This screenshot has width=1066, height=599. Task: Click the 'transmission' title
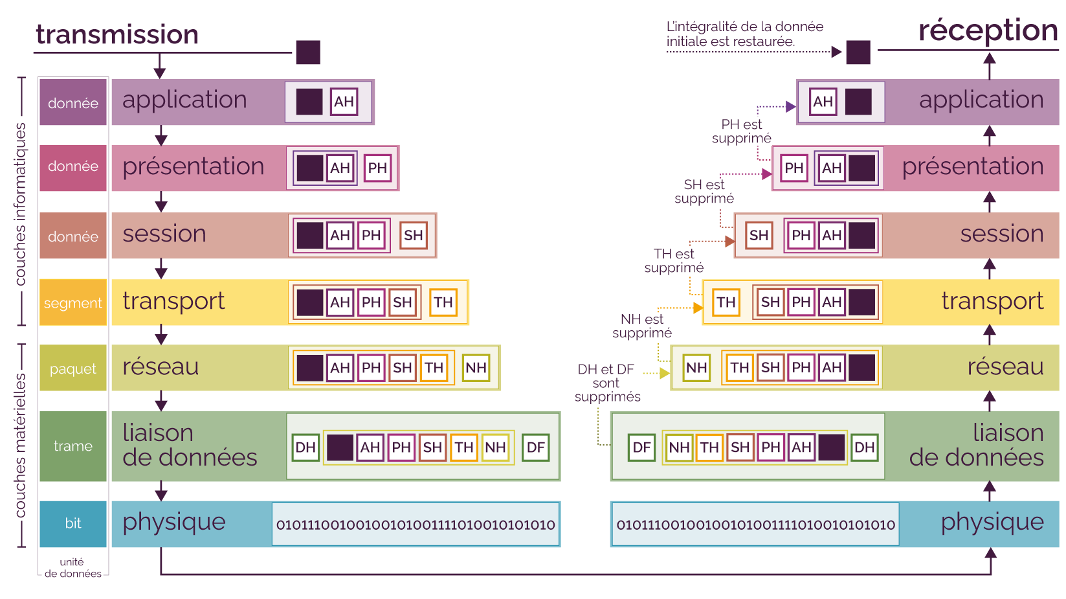pos(117,34)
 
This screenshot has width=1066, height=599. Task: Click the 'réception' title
pos(988,30)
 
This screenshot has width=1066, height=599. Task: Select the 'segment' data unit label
pos(73,302)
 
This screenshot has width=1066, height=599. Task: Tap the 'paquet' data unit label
pos(73,368)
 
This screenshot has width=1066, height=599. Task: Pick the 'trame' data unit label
pos(73,446)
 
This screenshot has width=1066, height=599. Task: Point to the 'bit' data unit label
pos(73,523)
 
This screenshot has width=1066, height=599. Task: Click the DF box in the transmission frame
pos(536,447)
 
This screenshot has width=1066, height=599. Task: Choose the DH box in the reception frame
pos(864,447)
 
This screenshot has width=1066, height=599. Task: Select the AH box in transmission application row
pos(344,102)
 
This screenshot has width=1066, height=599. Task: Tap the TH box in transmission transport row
pos(443,302)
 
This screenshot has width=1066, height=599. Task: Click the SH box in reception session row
pos(759,235)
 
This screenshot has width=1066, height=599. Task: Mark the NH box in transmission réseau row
pos(476,368)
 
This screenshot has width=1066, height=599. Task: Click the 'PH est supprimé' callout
pos(742,131)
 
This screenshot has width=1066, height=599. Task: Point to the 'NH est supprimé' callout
pos(642,326)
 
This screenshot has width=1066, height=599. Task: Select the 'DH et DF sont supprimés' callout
pos(606,383)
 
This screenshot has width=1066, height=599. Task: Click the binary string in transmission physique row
pos(416,525)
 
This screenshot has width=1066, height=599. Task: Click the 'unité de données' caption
pos(72,568)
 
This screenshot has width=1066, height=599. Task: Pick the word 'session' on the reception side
pos(1001,234)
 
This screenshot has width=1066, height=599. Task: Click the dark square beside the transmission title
pos(308,52)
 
